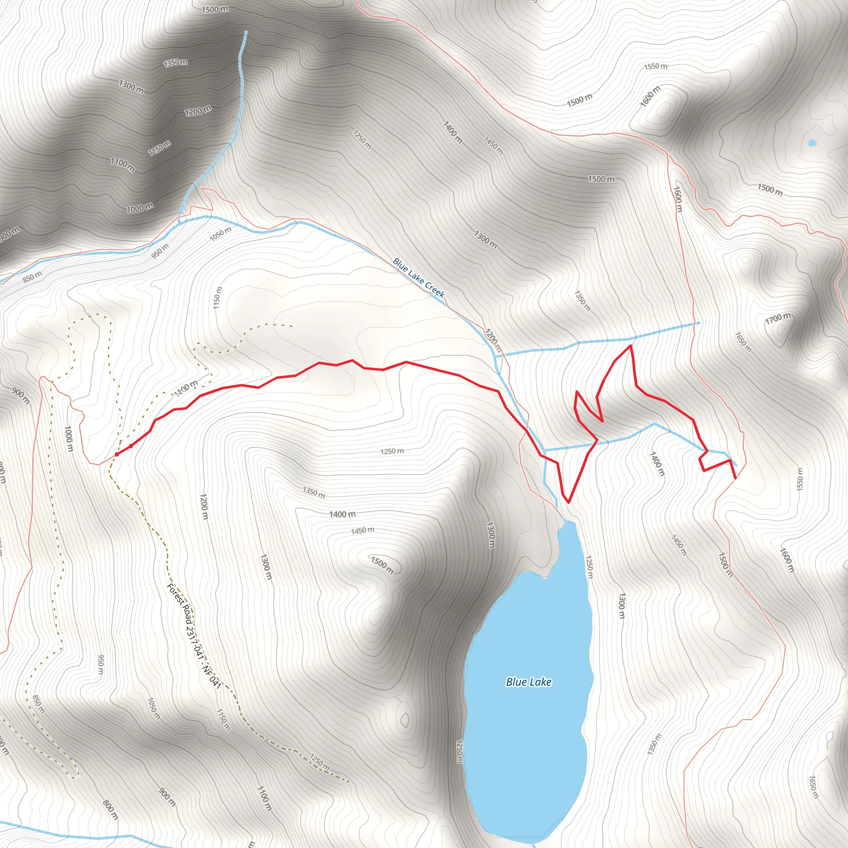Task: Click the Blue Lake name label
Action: pos(528,682)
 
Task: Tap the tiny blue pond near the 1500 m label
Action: pos(812,143)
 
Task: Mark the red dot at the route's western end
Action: pos(117,454)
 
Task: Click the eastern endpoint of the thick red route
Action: pos(735,478)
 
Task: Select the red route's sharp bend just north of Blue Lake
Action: pos(569,502)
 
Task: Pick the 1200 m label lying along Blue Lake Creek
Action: pos(493,339)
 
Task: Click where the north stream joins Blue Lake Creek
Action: pos(179,222)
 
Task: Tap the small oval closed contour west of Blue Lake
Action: pos(404,721)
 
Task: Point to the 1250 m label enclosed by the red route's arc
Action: pos(392,451)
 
